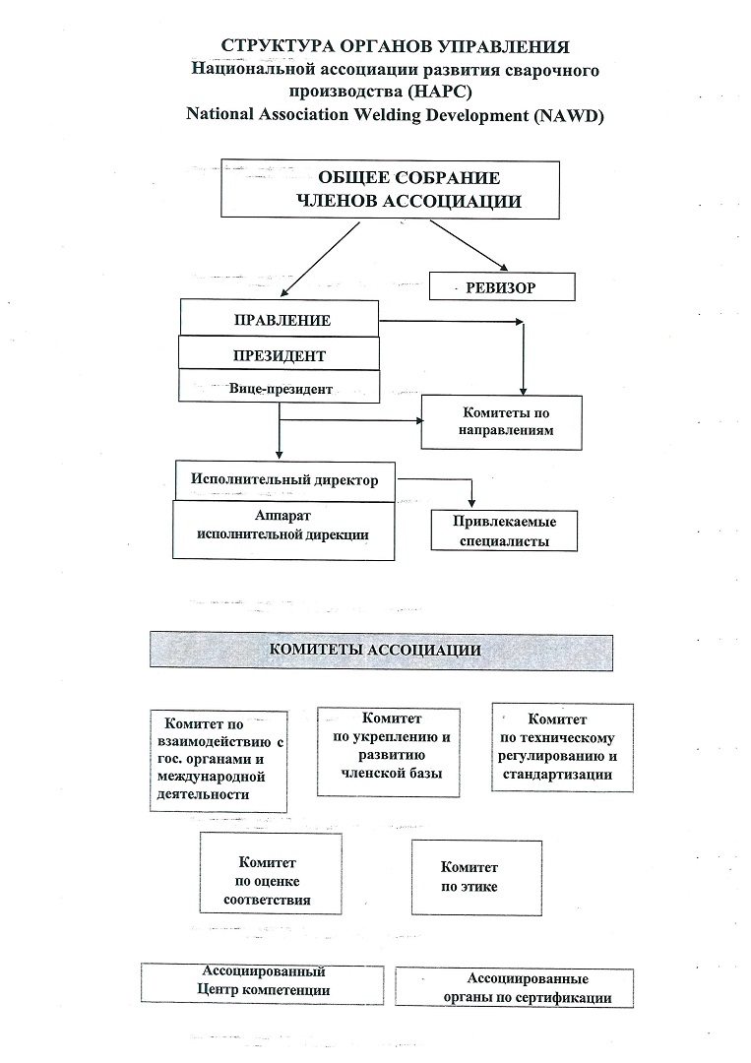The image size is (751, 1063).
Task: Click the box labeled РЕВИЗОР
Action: tap(502, 286)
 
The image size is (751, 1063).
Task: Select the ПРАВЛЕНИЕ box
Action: tap(280, 318)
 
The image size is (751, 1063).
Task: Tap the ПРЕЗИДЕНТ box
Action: tap(279, 353)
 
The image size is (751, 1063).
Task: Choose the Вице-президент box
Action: tap(279, 387)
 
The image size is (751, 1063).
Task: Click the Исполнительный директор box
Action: tap(284, 481)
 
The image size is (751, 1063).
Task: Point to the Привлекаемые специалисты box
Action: tap(504, 531)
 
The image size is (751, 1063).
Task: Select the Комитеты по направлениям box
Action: tap(502, 421)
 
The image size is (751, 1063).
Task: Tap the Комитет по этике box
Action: tap(476, 878)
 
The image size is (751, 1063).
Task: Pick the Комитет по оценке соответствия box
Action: tap(271, 873)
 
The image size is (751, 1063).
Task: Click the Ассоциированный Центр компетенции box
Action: tap(262, 984)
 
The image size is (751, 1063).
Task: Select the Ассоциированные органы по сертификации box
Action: tap(514, 988)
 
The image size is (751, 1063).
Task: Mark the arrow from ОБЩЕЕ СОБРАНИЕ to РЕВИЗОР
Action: tap(469, 245)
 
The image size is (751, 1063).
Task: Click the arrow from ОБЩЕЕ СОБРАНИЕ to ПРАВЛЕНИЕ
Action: tap(320, 260)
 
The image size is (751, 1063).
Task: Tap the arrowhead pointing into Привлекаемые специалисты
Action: tap(471, 502)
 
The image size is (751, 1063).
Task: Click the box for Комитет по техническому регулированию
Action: tap(563, 748)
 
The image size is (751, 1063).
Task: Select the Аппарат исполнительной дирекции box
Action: tap(283, 531)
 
